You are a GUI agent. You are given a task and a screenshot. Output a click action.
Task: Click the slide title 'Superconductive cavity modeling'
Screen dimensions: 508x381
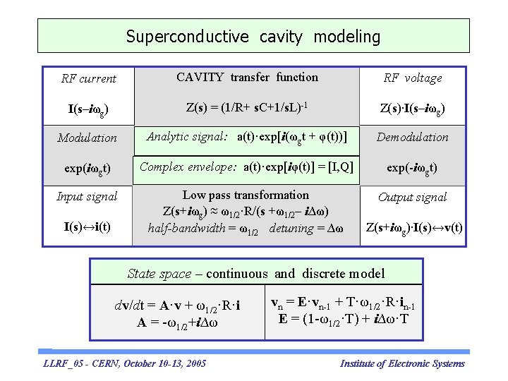(x=253, y=36)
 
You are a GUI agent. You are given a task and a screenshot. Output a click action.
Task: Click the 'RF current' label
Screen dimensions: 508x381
(x=88, y=78)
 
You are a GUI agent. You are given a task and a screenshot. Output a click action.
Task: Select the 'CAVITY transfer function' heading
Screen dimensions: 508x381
(x=247, y=78)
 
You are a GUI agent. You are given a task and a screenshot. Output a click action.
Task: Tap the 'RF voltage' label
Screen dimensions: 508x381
(x=413, y=78)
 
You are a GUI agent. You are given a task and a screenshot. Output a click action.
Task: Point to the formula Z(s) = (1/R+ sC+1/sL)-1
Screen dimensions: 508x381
(x=246, y=108)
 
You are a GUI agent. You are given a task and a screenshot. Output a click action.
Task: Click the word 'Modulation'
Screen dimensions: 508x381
(x=87, y=138)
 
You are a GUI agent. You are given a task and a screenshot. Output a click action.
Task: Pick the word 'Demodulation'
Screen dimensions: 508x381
(x=413, y=137)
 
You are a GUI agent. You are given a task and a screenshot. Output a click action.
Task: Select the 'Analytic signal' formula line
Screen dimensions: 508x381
(x=246, y=137)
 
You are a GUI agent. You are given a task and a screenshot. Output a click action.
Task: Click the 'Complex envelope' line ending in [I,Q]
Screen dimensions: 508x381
(x=246, y=167)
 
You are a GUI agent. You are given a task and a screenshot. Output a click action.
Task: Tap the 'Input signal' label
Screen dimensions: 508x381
(x=87, y=196)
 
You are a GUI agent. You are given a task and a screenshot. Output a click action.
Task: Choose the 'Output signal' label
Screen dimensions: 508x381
(x=413, y=197)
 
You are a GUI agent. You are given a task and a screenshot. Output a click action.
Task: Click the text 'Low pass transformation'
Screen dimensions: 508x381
(x=246, y=195)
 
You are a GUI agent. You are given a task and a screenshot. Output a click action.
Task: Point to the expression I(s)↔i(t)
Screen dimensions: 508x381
(x=87, y=227)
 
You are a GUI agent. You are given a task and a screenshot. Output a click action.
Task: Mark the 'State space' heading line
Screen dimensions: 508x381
(x=255, y=274)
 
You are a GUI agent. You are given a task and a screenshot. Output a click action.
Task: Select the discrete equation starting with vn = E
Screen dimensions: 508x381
(x=343, y=303)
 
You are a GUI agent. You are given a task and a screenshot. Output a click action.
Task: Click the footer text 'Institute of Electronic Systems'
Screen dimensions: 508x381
(x=402, y=364)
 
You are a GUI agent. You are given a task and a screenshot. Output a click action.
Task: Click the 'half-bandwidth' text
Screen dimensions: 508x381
(x=186, y=229)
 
